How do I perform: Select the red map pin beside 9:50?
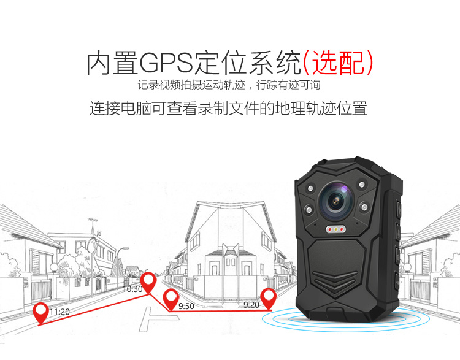point(171,299)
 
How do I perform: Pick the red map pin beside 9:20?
point(269,299)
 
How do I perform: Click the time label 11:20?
point(60,312)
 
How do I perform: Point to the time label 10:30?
point(132,289)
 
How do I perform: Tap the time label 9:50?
point(186,306)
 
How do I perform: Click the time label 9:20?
point(251,305)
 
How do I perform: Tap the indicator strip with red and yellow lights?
point(335,229)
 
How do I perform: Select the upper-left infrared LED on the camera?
point(310,188)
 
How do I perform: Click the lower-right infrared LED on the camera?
point(364,207)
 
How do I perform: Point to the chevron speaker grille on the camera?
point(335,282)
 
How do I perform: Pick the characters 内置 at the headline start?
point(112,63)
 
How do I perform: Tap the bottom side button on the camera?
point(397,281)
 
